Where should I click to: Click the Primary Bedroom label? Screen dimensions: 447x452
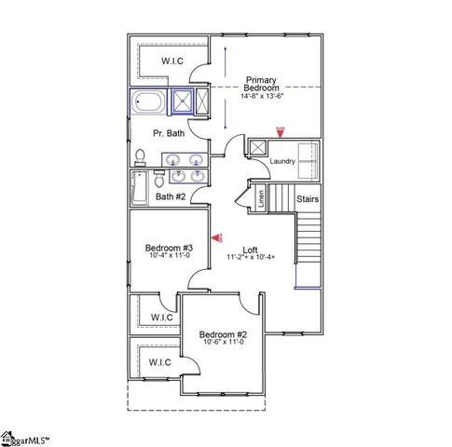[x=261, y=85]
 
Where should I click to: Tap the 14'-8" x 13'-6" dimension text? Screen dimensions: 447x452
[x=261, y=96]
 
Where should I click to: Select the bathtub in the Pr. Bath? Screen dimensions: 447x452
[x=149, y=102]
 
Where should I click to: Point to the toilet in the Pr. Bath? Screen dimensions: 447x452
[x=140, y=156]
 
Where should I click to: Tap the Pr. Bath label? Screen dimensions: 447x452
[x=169, y=133]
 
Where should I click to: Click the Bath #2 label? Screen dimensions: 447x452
[x=171, y=196]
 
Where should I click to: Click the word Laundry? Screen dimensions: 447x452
[x=282, y=161]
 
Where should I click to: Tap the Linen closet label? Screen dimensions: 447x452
[x=261, y=197]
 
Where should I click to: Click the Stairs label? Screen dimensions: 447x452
[x=308, y=198]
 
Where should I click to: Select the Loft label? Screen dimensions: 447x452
[x=249, y=250]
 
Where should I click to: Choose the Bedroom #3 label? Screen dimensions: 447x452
[x=168, y=248]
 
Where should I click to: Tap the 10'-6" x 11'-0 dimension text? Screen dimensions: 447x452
[x=224, y=342]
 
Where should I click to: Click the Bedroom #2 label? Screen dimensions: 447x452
[x=224, y=333]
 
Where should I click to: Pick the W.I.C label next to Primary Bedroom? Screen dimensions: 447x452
[x=171, y=61]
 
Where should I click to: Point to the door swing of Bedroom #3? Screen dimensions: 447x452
[x=168, y=300]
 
